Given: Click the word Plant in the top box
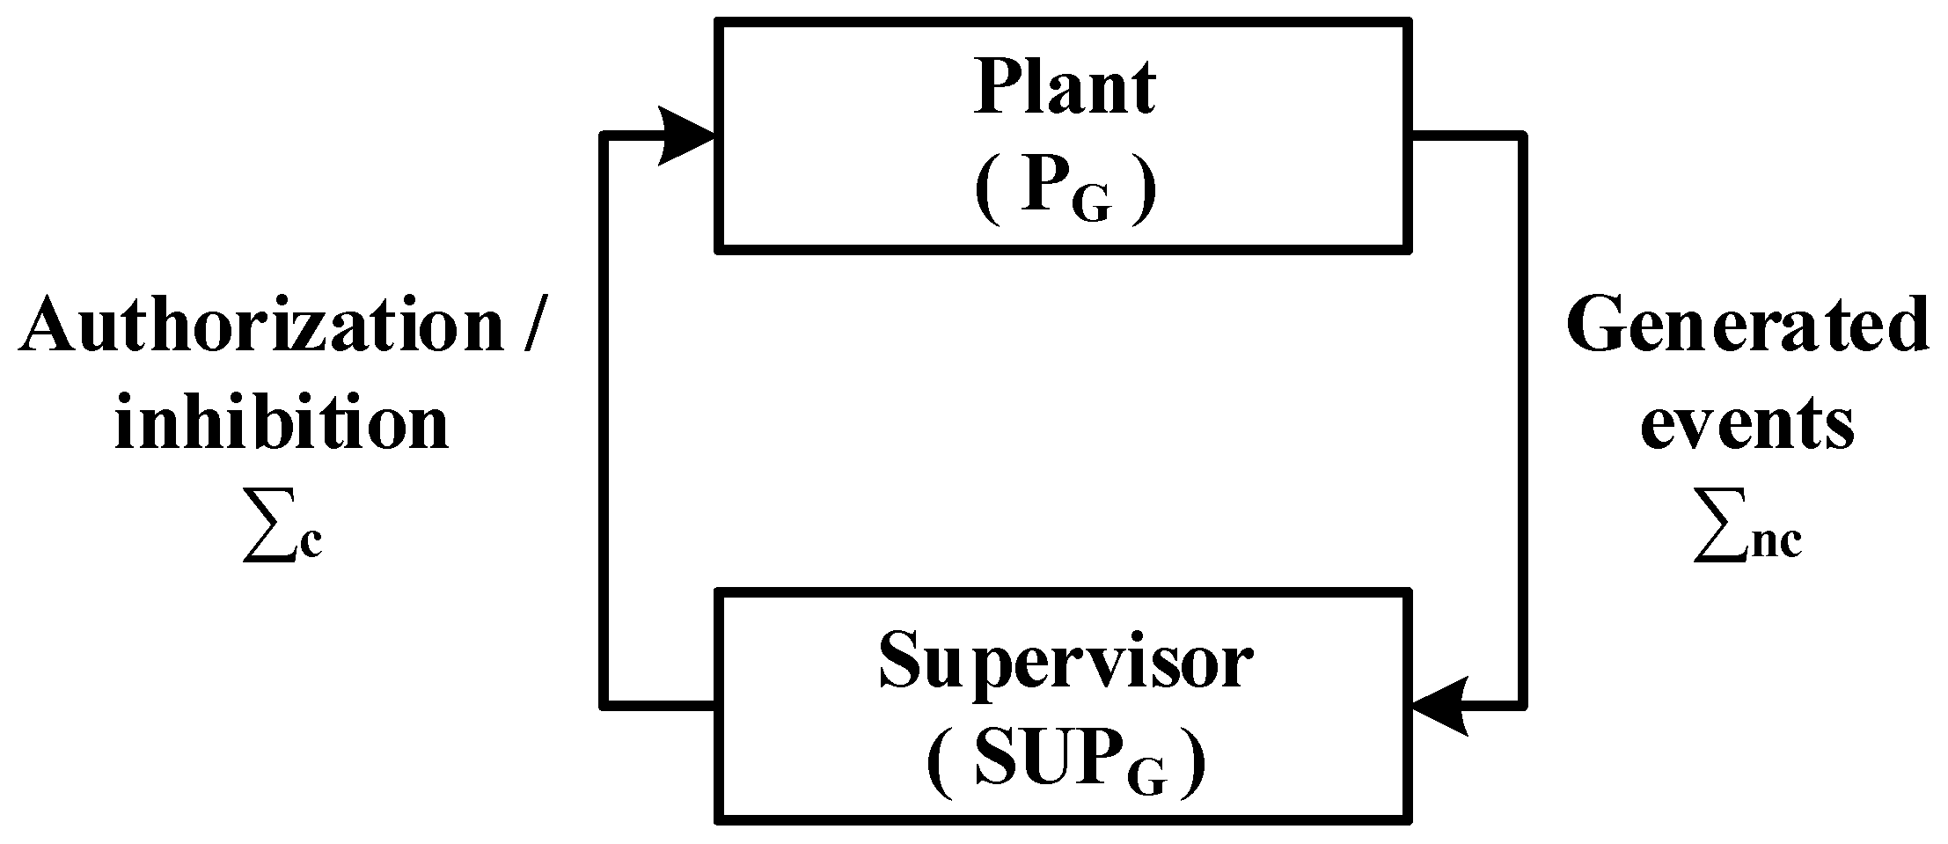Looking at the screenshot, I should pyautogui.click(x=1065, y=90).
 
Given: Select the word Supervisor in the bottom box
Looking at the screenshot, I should pyautogui.click(x=1065, y=662).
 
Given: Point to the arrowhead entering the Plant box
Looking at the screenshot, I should pyautogui.click(x=687, y=136).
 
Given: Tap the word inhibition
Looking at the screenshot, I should pyautogui.click(x=282, y=423).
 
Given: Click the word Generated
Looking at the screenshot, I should pyautogui.click(x=1747, y=327).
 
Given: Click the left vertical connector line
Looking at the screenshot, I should pyautogui.click(x=604, y=422).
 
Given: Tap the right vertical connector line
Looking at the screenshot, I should pyautogui.click(x=1523, y=422).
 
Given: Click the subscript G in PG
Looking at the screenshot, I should pyautogui.click(x=1091, y=204).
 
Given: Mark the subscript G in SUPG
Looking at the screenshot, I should pyautogui.click(x=1149, y=776).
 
